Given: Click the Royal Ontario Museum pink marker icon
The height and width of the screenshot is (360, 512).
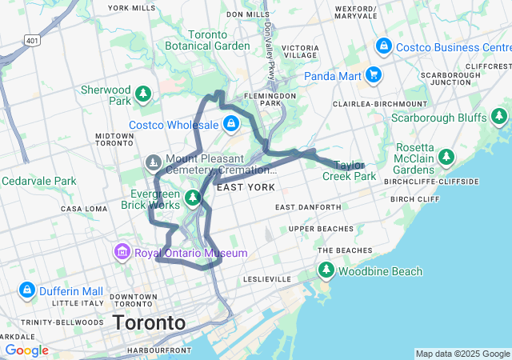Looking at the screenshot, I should pos(122,253).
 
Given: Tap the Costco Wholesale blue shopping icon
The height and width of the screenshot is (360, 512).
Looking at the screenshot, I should pos(231,124).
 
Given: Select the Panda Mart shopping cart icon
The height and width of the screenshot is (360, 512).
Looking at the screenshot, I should pos(373,76).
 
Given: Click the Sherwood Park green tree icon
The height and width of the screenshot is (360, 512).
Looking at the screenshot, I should pos(143,94).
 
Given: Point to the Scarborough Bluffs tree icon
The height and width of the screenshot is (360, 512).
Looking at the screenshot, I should pos(499,118).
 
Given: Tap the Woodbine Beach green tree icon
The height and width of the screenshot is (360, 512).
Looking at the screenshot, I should pos(326,271).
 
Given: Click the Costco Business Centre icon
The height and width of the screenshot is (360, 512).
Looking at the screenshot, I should pos(383,46).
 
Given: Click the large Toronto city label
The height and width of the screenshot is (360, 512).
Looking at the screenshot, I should pos(150,323).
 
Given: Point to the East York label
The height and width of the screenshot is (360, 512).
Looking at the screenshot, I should pos(246,187).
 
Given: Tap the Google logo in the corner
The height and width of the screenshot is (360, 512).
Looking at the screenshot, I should pos(26,350).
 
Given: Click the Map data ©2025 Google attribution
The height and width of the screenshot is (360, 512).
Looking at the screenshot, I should pos(462,354).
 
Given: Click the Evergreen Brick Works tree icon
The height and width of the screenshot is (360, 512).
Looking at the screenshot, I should pos(192,197).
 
